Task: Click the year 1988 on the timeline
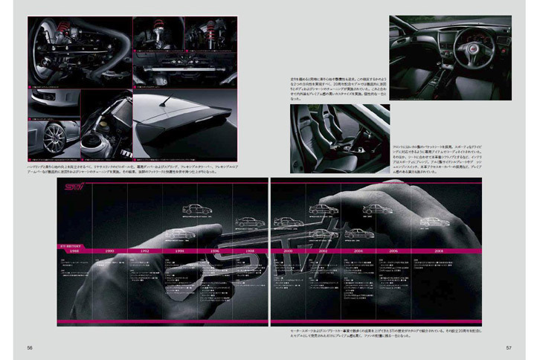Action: pyautogui.click(x=74, y=251)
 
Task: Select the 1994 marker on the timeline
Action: pyautogui.click(x=179, y=251)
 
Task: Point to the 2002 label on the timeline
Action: pyautogui.click(x=322, y=251)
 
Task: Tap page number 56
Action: pyautogui.click(x=30, y=347)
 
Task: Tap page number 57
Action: pyautogui.click(x=509, y=347)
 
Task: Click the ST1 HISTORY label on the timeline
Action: pyautogui.click(x=71, y=242)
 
